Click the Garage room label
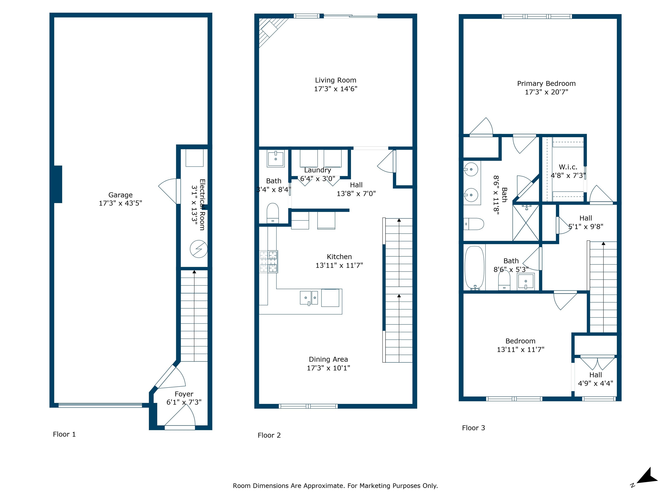120,195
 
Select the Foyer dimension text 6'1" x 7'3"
184,402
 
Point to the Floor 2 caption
269,435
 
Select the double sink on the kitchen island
309,298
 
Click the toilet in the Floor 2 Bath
273,213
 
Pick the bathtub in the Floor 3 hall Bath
474,268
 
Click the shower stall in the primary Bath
526,223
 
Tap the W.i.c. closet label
568,167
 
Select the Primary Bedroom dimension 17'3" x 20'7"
546,92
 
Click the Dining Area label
328,359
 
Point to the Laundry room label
317,170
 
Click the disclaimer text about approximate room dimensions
335,486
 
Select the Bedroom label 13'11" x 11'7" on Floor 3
520,345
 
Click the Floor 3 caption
473,428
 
